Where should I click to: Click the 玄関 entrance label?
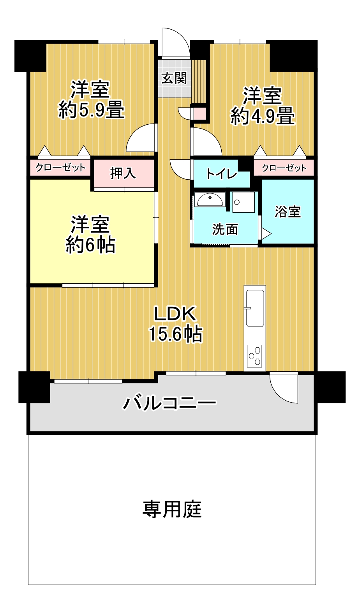coord(174,78)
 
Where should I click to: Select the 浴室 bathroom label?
coord(288,212)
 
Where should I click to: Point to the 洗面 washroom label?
coord(225,229)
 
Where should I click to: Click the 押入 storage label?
coord(123,173)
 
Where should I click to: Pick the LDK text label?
coord(175,314)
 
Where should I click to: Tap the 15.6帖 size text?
coord(175,334)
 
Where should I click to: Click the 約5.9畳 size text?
coord(92,110)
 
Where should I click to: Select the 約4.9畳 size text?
coord(263,116)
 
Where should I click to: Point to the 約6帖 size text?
coord(90,244)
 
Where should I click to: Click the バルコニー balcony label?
coord(169,403)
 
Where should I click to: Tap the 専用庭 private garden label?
coord(172,509)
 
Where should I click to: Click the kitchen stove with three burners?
coord(254,356)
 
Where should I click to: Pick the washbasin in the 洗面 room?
coord(210,200)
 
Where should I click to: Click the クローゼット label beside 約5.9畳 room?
coord(60,168)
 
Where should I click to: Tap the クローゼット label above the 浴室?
coord(284,168)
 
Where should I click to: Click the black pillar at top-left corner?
coord(30,56)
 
